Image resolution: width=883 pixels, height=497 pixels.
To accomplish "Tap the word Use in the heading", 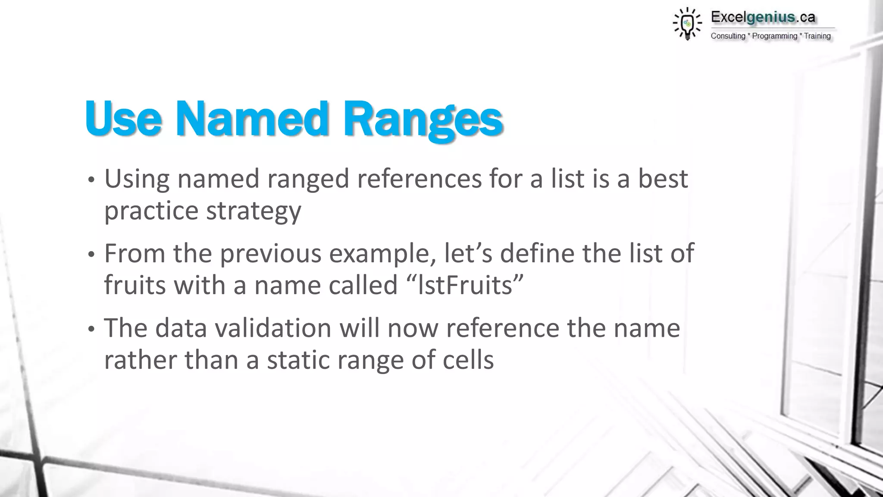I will (124, 118).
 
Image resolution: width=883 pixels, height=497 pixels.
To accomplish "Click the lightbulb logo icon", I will (687, 24).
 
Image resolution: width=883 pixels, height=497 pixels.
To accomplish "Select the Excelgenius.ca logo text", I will (763, 17).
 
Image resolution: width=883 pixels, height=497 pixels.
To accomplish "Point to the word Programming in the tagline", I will (774, 36).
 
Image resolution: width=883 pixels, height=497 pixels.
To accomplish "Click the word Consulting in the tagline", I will (728, 36).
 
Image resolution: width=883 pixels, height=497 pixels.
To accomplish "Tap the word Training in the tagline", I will (817, 36).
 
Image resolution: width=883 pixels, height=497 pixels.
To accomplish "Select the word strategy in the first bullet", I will (254, 211).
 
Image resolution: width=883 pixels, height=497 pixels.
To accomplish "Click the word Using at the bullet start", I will (137, 179).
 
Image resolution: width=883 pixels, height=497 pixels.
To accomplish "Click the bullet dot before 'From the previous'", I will (91, 255).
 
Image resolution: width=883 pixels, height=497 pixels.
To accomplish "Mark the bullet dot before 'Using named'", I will (91, 181).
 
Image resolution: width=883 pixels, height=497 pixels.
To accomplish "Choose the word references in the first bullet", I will (419, 179).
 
